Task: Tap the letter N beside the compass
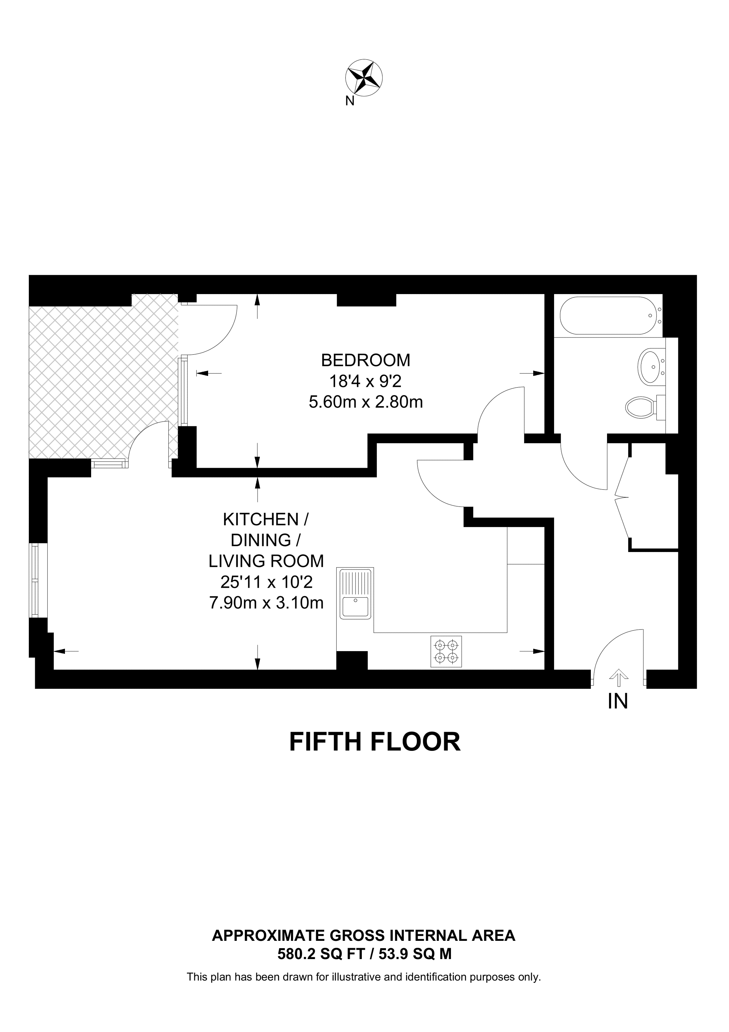[350, 101]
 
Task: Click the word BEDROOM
[365, 360]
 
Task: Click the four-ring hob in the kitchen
[446, 651]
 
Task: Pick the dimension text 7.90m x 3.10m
[266, 602]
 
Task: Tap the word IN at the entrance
[618, 701]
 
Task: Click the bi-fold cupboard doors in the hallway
[622, 497]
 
